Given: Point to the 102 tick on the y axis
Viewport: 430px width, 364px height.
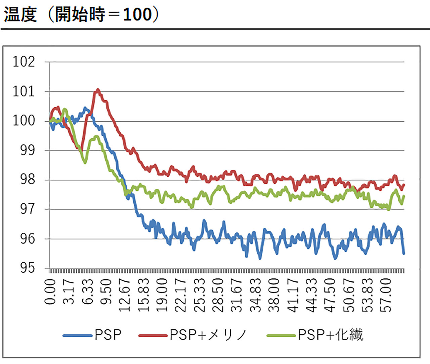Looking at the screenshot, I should (24, 62).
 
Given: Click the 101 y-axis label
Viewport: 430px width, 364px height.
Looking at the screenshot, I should (24, 91).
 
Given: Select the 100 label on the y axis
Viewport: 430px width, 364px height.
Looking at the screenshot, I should (24, 121).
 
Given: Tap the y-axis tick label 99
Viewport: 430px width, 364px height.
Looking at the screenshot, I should (27, 150).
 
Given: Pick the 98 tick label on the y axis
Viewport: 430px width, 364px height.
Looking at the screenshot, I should (27, 180).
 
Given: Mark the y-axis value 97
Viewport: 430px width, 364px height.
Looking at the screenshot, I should (27, 209).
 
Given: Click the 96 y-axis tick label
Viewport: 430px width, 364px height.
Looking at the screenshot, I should (27, 238).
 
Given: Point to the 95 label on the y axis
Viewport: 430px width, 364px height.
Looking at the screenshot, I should (27, 268).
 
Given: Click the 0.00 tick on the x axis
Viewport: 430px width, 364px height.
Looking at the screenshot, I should (50, 291).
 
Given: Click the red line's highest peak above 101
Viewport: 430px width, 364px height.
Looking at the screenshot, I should (98, 90).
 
